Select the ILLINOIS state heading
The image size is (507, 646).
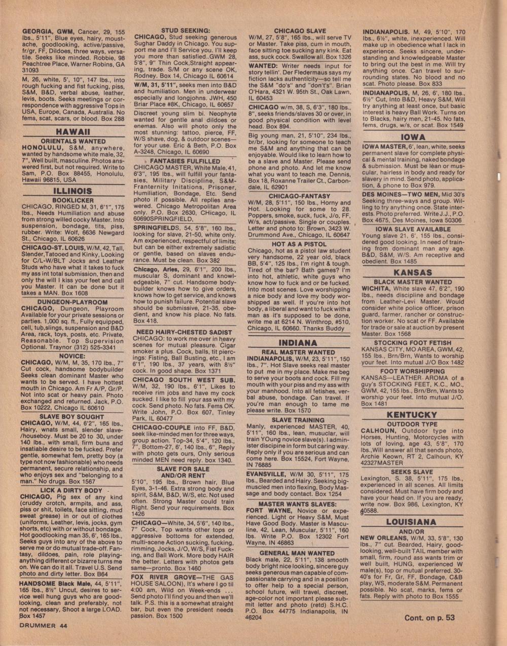[73, 191]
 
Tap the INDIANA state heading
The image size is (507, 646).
[298, 343]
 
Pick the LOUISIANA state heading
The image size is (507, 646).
[411, 522]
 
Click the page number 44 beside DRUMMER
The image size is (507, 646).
[63, 626]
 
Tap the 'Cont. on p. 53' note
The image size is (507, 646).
[429, 618]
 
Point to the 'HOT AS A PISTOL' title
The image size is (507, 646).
[299, 244]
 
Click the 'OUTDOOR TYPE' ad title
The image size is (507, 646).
[412, 424]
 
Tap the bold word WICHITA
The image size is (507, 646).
[377, 289]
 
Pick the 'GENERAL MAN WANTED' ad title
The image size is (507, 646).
[297, 553]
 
